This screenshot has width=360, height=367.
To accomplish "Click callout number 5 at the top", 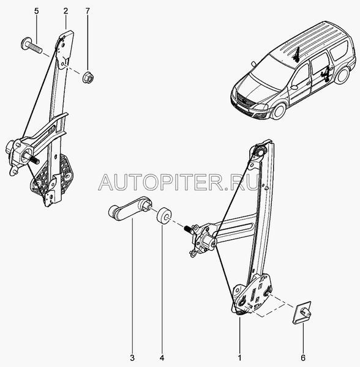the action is pyautogui.click(x=37, y=11).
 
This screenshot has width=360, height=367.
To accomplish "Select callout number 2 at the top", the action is pyautogui.click(x=66, y=11).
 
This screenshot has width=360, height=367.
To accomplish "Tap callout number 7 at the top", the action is pyautogui.click(x=88, y=11).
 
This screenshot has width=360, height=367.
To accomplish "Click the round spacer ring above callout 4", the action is pyautogui.click(x=163, y=215).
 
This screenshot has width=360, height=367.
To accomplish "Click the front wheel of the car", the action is pyautogui.click(x=279, y=111).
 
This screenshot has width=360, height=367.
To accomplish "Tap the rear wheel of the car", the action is pyautogui.click(x=342, y=75).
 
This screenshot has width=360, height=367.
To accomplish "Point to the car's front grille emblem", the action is pyautogui.click(x=243, y=100).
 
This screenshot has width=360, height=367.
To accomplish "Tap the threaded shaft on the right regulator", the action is pyautogui.click(x=188, y=229).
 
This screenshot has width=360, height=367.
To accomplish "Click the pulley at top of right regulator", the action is pyautogui.click(x=260, y=152).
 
